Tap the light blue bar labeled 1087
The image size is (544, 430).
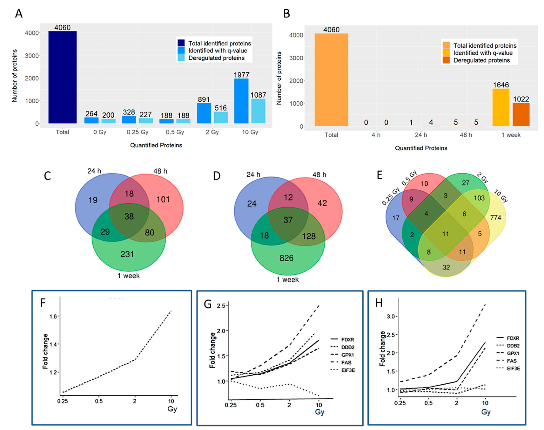click(x=258, y=111)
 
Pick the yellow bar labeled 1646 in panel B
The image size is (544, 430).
click(x=501, y=107)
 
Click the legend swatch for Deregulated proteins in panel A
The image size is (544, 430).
click(x=181, y=58)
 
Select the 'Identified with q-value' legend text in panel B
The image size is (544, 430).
click(x=483, y=53)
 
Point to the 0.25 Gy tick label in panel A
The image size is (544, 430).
click(x=137, y=132)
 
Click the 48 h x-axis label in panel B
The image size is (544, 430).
click(x=466, y=135)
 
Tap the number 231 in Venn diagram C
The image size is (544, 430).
click(x=127, y=254)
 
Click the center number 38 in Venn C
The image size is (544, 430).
click(x=129, y=216)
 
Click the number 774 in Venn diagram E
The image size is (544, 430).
click(x=495, y=218)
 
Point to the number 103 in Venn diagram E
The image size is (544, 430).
click(x=479, y=198)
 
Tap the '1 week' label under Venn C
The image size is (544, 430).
click(x=128, y=276)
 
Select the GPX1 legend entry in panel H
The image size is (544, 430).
click(x=513, y=353)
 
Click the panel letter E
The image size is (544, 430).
click(x=379, y=175)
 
